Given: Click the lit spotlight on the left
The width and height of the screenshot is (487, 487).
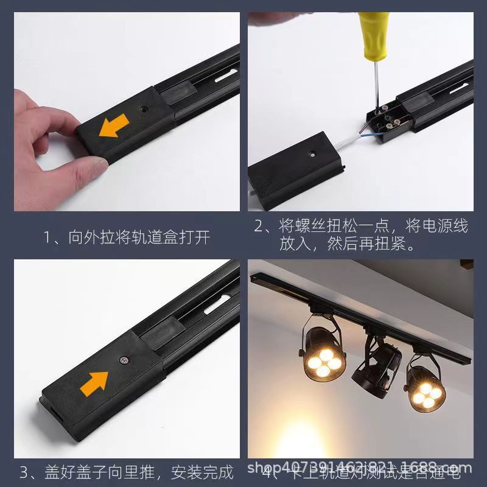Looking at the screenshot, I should tap(323, 360).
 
